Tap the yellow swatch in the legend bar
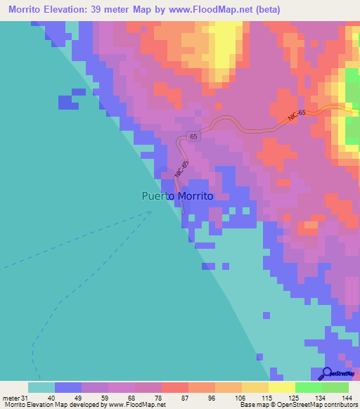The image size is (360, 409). (x=281, y=387)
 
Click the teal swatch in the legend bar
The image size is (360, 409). (x=41, y=387)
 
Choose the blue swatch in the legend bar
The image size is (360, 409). (x=68, y=387)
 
